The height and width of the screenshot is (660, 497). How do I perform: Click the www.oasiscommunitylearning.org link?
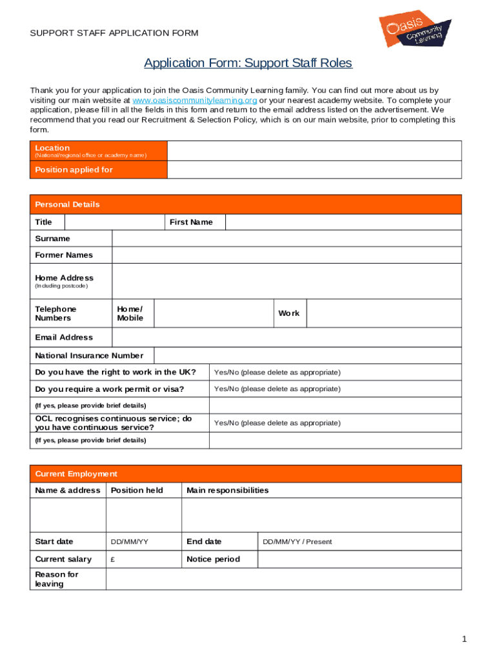pyautogui.click(x=195, y=101)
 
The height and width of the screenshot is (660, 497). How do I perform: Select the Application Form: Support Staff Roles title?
pyautogui.click(x=248, y=63)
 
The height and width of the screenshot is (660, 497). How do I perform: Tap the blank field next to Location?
pyautogui.click(x=314, y=151)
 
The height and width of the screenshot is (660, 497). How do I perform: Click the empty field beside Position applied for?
pyautogui.click(x=314, y=170)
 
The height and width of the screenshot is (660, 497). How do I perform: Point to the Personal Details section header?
pyautogui.click(x=68, y=204)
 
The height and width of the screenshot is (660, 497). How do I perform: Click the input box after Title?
pyautogui.click(x=114, y=222)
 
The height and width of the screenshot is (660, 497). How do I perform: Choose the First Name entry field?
pyautogui.click(x=343, y=222)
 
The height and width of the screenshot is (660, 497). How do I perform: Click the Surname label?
pyautogui.click(x=53, y=238)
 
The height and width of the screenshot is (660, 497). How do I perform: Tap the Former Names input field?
pyautogui.click(x=287, y=255)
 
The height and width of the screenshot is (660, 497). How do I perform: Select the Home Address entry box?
pyautogui.click(x=287, y=282)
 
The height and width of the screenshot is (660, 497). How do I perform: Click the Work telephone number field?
pyautogui.click(x=384, y=314)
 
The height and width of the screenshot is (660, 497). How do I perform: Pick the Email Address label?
pyautogui.click(x=64, y=337)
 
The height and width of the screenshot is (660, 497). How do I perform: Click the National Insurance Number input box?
pyautogui.click(x=308, y=356)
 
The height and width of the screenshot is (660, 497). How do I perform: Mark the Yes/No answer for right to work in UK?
pyautogui.click(x=277, y=373)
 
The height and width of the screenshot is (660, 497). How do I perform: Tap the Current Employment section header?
pyautogui.click(x=76, y=474)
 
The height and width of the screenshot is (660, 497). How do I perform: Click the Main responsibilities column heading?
pyautogui.click(x=228, y=490)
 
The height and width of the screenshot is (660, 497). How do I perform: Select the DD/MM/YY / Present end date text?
pyautogui.click(x=297, y=542)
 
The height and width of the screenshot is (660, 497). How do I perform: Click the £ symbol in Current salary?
pyautogui.click(x=113, y=559)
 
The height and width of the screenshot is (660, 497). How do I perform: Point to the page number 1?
pyautogui.click(x=463, y=639)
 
